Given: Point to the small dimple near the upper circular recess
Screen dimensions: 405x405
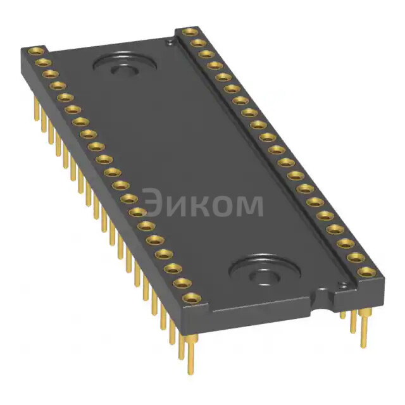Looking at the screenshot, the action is (x=169, y=42).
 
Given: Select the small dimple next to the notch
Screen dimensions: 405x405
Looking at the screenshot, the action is (x=344, y=285).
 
